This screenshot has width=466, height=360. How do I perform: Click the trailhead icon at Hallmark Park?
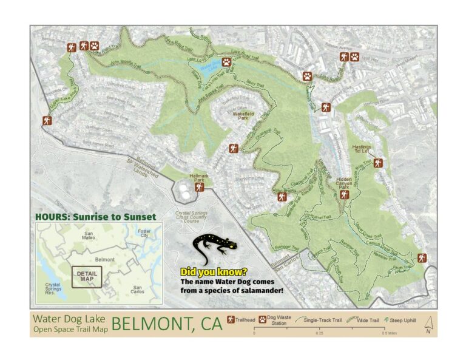(198, 188)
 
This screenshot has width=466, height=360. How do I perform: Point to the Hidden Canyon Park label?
(344, 184)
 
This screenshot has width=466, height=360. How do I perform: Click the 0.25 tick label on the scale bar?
(319, 333)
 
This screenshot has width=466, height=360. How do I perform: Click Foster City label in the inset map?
(144, 233)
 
